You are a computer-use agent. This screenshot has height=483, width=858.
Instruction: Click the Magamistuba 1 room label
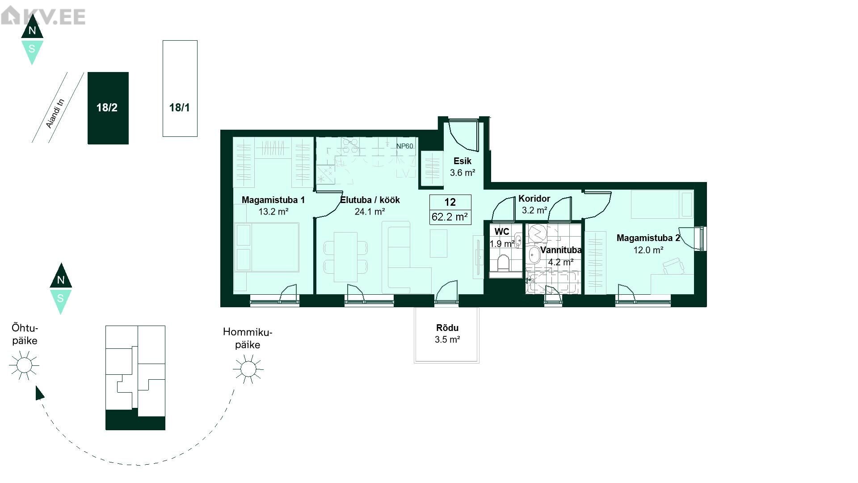pos(273,200)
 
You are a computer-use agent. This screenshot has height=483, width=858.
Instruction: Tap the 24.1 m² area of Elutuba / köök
pos(370,212)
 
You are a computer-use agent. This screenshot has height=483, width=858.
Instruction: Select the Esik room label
pos(463,161)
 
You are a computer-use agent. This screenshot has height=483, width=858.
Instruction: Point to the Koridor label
pos(534,199)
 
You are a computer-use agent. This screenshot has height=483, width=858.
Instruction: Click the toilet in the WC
pos(504,263)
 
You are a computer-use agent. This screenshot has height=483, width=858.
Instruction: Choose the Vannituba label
pos(560,250)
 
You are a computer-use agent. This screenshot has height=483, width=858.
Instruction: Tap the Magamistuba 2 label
pos(648,238)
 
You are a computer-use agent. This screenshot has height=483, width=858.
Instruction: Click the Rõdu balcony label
pos(447,328)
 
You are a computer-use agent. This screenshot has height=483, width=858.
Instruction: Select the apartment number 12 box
pos(450,202)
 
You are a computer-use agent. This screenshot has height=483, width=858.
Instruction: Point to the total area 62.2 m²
pos(450,217)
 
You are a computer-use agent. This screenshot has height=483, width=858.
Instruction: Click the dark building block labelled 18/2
pos(108,108)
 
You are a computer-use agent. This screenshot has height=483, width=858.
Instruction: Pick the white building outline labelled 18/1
pos(180,89)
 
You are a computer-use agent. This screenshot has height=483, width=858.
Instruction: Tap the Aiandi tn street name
pos(56,114)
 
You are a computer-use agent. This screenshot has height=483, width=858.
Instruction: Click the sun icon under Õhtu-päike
pos(24,365)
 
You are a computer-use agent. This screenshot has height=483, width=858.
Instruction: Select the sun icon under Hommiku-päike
pos(248,369)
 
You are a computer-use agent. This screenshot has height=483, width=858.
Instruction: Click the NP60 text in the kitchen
pos(405,146)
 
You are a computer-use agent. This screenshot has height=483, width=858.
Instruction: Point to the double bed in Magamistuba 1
pos(266,247)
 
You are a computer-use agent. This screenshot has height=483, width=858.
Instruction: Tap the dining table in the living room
pos(346,257)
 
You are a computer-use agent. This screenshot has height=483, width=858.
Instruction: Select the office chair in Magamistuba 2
pos(673,267)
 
